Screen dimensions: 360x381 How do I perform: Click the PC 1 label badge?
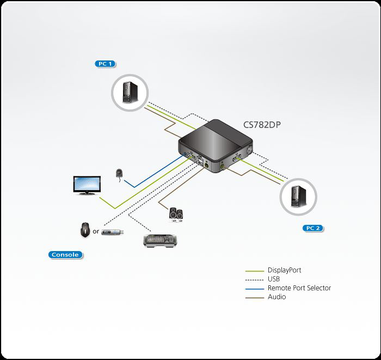(105, 64)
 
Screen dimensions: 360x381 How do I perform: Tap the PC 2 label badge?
(312, 228)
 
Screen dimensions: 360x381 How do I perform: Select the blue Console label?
(65, 254)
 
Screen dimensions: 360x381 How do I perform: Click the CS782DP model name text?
(262, 125)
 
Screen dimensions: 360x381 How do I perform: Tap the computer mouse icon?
(85, 230)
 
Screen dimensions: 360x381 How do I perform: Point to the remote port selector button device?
(120, 173)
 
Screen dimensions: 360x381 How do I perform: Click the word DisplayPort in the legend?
(284, 270)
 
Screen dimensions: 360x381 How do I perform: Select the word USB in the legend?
(274, 279)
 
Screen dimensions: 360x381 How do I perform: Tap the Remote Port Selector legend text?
(299, 288)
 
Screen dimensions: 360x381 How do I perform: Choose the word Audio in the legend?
(276, 297)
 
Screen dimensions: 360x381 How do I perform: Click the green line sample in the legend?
(254, 271)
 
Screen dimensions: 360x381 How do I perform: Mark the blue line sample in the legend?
(254, 288)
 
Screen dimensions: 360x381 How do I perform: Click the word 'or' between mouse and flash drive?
(96, 231)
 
